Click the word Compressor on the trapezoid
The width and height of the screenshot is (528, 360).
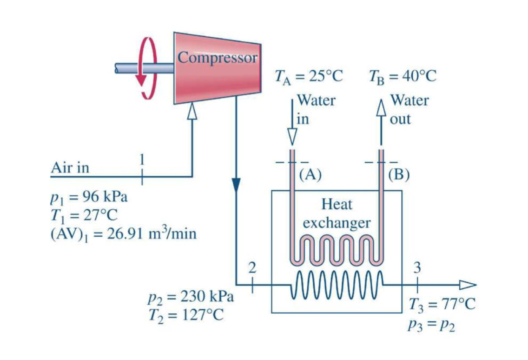(217, 58)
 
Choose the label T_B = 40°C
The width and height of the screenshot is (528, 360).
(402, 76)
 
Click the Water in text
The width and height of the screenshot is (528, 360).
(316, 109)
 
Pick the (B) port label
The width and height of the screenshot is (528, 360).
(399, 174)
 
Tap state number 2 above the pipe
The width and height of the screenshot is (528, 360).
(251, 267)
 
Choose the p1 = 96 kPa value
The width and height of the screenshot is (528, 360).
(89, 197)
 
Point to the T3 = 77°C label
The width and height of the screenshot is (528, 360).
(442, 305)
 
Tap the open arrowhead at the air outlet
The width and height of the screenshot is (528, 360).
(467, 284)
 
